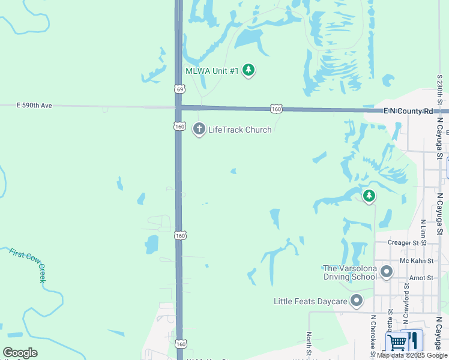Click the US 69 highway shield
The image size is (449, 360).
179,89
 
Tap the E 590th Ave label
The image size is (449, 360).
35,106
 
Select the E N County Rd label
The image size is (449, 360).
408,112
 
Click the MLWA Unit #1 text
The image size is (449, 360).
212,71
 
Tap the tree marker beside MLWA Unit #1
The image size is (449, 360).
249,71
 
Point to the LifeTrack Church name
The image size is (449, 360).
240,130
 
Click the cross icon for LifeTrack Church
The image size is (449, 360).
199,129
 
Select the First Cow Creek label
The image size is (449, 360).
28,265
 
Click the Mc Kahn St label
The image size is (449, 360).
416,261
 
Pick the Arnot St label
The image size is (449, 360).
421,278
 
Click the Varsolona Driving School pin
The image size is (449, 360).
387,272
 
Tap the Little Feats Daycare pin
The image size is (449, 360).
357,301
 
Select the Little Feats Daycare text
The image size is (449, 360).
310,301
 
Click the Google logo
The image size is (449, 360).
20,353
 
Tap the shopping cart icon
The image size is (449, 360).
397,342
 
